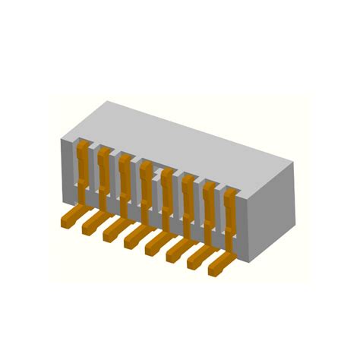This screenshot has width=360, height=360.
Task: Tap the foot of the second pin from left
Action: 90,224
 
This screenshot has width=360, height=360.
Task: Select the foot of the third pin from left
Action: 112,231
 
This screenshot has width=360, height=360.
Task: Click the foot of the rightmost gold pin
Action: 218,265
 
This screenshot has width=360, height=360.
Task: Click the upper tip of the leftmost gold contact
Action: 84,144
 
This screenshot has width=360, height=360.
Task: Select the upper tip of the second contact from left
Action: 105,150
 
